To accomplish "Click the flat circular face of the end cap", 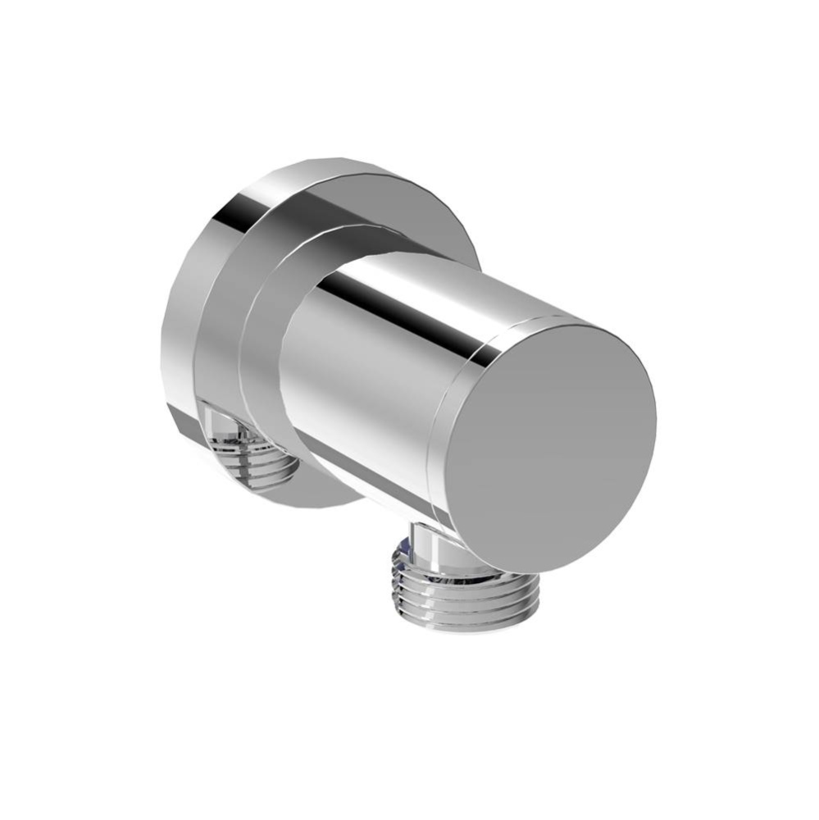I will pos(557,447).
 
